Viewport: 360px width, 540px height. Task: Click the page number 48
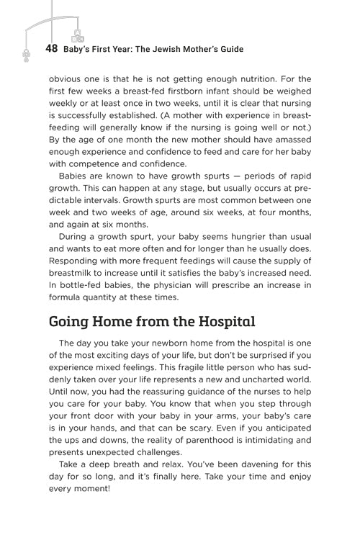tap(51, 49)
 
